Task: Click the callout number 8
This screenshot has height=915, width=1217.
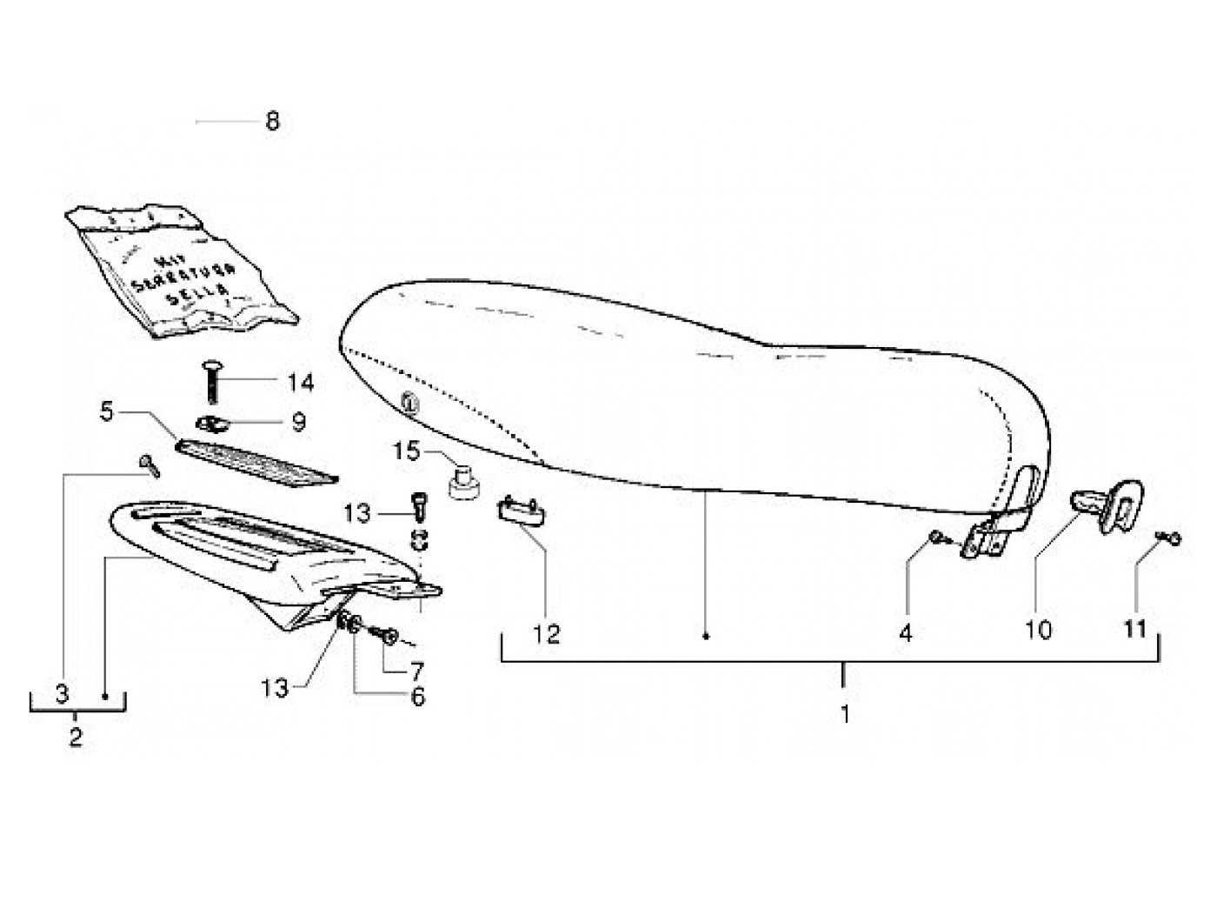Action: click(x=273, y=121)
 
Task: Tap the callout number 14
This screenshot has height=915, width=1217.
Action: click(x=300, y=383)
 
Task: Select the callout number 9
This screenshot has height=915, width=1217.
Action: click(x=298, y=423)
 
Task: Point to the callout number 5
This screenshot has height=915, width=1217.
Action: click(x=107, y=411)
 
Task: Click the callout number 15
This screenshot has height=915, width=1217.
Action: click(x=406, y=451)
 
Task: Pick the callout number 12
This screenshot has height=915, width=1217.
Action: click(x=547, y=633)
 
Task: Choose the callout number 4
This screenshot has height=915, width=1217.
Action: click(x=906, y=633)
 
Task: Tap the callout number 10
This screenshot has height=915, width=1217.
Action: click(x=1039, y=630)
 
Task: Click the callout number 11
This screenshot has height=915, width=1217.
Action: click(x=1135, y=629)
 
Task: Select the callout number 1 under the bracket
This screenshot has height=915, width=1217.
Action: click(x=845, y=714)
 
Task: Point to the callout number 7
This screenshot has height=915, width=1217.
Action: click(x=417, y=671)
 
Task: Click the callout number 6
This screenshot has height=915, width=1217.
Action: click(x=418, y=697)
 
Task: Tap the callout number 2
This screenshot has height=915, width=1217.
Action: click(x=76, y=738)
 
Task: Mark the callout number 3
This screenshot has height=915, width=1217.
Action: click(x=62, y=694)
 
